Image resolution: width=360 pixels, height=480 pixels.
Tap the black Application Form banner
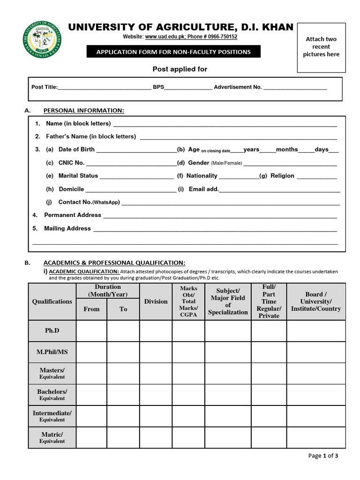(x=173, y=52)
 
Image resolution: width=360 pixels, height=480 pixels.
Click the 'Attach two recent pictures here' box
(x=321, y=47)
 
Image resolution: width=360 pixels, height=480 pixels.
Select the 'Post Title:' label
(x=44, y=87)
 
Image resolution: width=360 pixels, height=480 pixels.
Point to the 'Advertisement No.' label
(x=238, y=87)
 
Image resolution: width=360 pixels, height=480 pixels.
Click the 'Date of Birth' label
(x=76, y=150)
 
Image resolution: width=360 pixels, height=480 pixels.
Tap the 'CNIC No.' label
(x=71, y=163)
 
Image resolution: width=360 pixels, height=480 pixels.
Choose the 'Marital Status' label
(x=78, y=176)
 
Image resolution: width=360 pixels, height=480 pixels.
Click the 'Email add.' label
(x=203, y=189)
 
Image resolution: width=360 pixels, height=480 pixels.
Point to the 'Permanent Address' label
(x=73, y=215)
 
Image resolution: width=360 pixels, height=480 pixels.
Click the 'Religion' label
(x=282, y=176)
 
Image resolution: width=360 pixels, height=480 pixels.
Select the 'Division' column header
(x=156, y=301)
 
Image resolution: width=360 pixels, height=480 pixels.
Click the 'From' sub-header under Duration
(x=91, y=309)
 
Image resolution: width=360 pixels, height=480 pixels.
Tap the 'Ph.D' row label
(x=52, y=330)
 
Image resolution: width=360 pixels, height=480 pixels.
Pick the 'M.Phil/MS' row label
(x=52, y=352)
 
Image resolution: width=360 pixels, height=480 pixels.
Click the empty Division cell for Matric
(x=156, y=437)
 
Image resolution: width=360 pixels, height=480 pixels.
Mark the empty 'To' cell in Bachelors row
(x=123, y=395)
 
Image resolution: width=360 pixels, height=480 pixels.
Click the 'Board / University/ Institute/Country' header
(x=315, y=301)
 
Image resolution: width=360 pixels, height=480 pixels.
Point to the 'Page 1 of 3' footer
(x=323, y=456)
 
